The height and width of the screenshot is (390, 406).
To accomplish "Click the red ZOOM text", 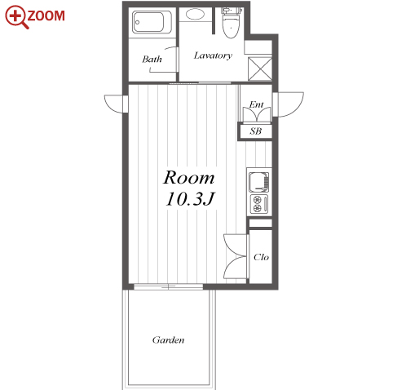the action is (46, 16).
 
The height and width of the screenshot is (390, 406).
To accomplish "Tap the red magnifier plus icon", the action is (16, 16).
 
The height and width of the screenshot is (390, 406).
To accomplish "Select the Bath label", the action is (152, 59).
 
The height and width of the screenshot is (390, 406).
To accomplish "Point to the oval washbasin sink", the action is (195, 14).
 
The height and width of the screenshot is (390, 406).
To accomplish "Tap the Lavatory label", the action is (213, 55).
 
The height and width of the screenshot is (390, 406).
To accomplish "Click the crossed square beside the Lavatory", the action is (260, 69).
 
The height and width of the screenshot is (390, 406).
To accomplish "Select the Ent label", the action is (256, 104).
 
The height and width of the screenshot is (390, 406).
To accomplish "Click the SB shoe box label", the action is (255, 131).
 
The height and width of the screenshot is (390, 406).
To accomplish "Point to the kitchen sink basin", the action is (259, 181).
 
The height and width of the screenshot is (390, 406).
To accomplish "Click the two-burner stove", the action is (259, 204).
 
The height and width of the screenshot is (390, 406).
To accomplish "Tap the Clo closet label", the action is (261, 257).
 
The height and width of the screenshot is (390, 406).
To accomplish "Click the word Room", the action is (189, 178).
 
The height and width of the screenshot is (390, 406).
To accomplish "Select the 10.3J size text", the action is (190, 199).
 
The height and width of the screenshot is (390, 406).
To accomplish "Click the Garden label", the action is (168, 340).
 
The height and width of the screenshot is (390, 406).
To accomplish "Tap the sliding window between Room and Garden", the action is (169, 286).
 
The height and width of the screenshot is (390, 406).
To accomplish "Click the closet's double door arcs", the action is (235, 256).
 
